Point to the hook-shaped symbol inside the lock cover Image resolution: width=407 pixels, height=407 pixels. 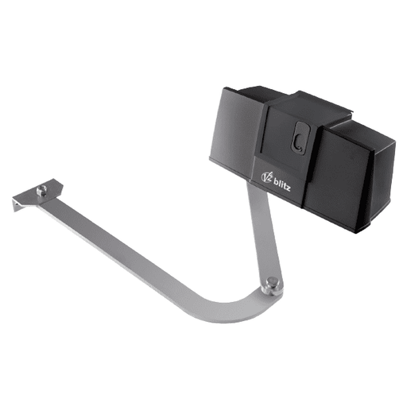point(297,142)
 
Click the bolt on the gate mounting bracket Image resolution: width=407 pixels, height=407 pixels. point(41,189)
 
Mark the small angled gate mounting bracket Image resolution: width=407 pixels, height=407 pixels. point(32,196)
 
